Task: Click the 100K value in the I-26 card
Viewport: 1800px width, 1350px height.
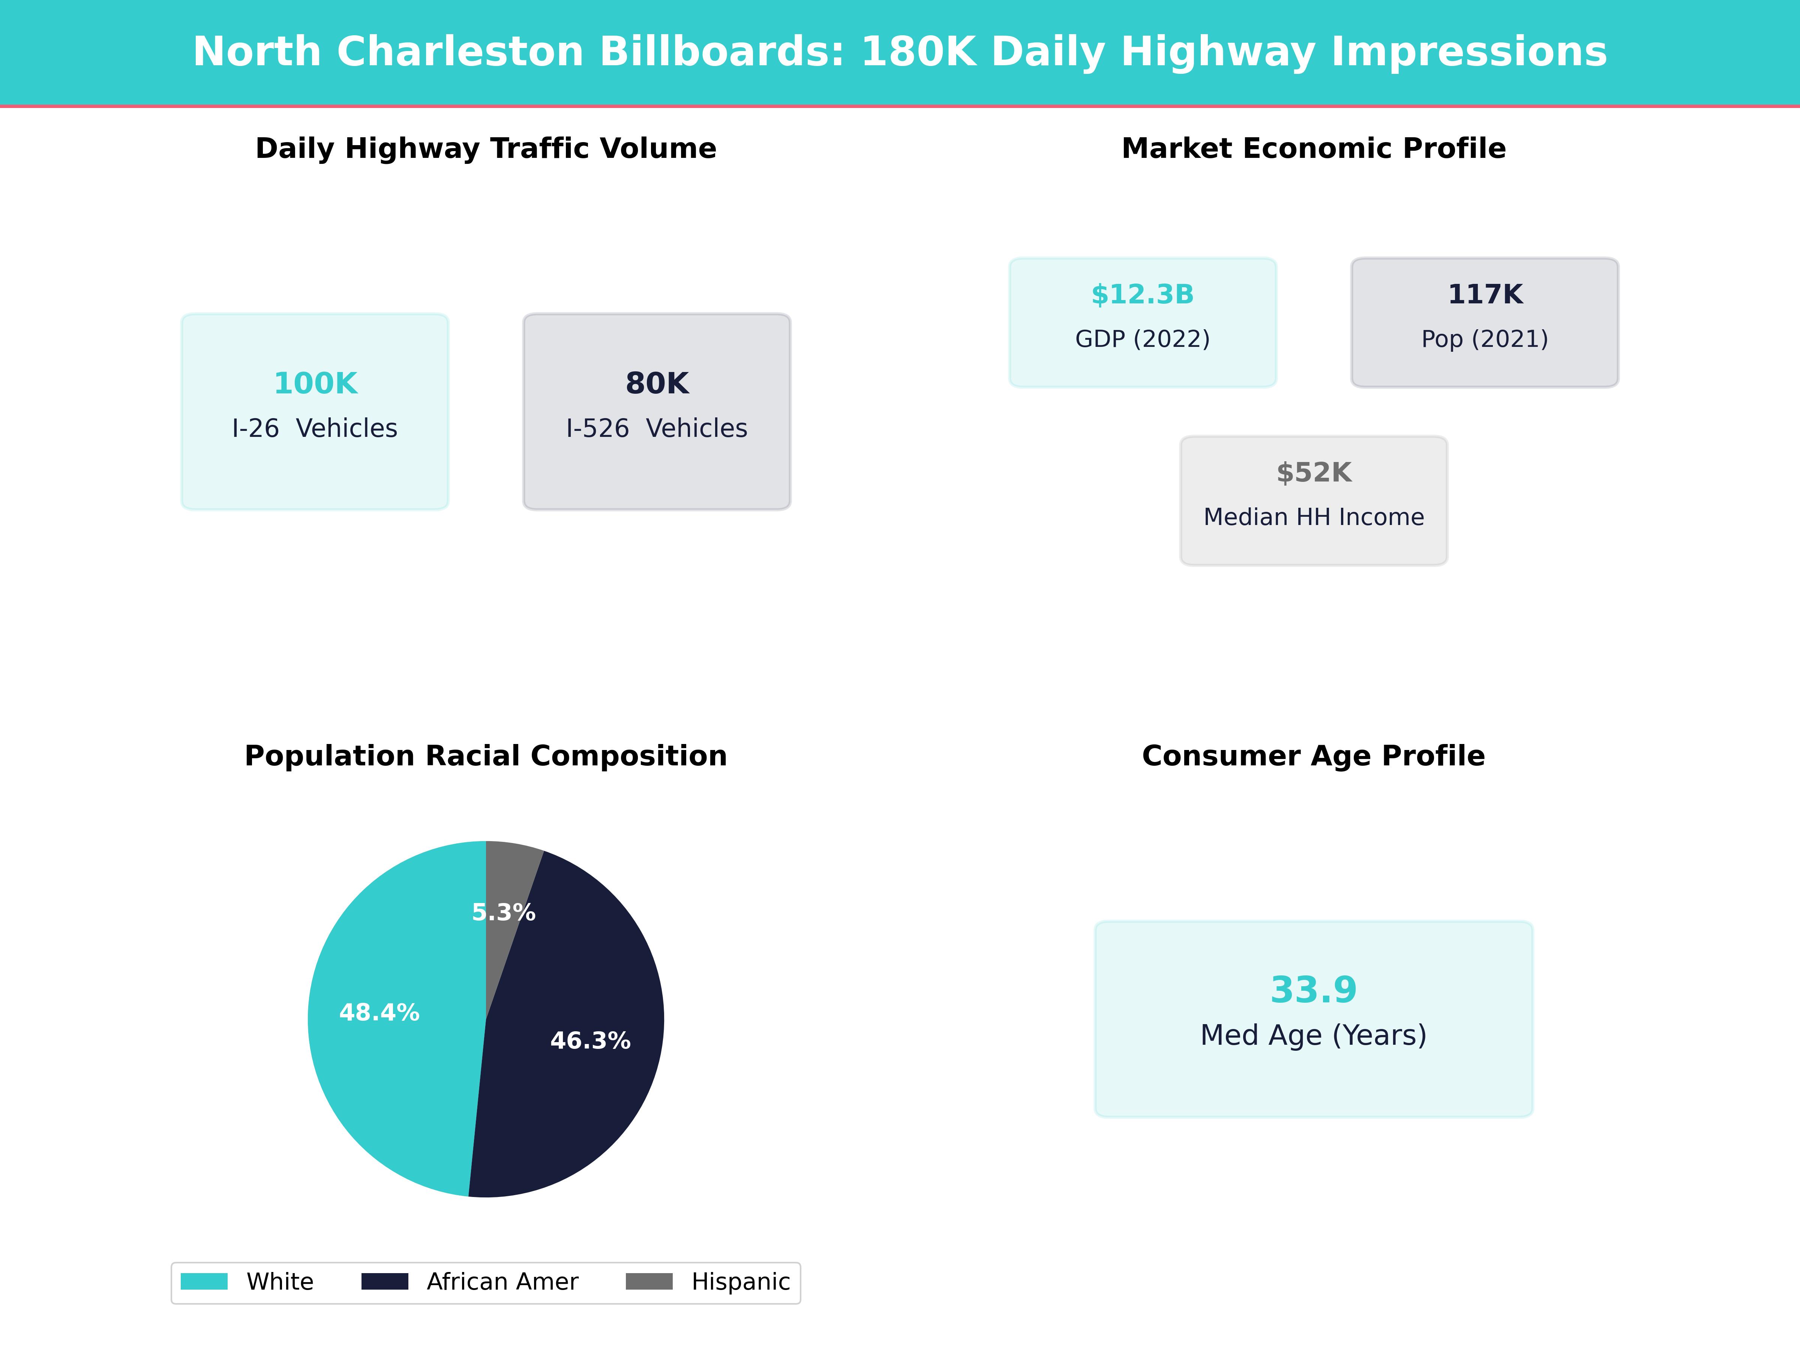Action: tap(315, 383)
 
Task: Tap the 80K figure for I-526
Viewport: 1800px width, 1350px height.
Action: tap(657, 383)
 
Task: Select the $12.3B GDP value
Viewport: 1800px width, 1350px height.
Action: tap(1143, 295)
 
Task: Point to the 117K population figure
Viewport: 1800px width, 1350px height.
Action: tap(1484, 295)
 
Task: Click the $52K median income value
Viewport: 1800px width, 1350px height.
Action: tap(1313, 473)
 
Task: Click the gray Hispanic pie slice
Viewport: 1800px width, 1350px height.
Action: tap(508, 875)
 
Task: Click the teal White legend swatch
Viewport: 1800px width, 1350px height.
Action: tap(204, 1282)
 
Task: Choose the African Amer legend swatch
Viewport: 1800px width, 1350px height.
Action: tap(385, 1282)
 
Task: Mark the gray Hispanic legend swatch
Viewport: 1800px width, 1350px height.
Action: tap(649, 1282)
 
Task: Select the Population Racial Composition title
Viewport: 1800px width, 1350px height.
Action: tap(486, 756)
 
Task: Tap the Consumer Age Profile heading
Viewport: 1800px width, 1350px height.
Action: tap(1313, 756)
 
